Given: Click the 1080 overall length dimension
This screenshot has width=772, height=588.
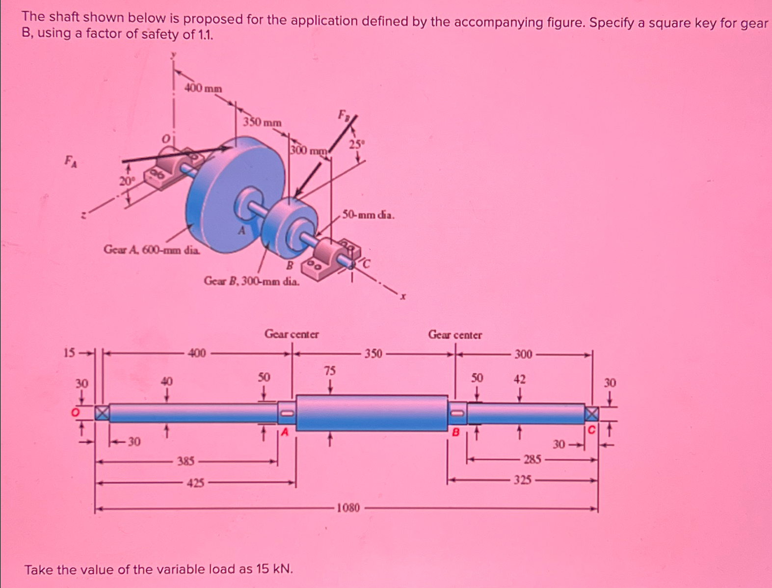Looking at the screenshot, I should (x=347, y=508).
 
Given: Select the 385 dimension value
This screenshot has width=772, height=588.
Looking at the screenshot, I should (x=186, y=461).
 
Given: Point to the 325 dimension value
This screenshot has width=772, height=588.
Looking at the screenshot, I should (x=522, y=480).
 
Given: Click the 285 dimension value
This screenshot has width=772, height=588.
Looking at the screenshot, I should (x=532, y=459).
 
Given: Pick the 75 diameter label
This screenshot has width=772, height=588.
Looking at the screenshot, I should (x=329, y=371).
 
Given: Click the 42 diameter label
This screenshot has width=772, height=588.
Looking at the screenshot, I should (x=519, y=379).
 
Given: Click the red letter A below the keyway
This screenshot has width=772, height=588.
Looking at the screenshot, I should (x=284, y=432).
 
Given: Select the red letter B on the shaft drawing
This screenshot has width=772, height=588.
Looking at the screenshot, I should (x=455, y=432).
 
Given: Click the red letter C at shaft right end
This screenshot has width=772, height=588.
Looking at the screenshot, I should (x=591, y=430).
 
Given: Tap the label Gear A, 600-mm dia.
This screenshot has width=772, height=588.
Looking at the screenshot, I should (x=152, y=250).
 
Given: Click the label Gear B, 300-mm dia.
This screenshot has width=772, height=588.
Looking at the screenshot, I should (x=251, y=281).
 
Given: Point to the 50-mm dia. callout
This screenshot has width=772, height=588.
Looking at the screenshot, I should (x=368, y=214).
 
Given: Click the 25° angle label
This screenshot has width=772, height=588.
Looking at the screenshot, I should (x=357, y=144).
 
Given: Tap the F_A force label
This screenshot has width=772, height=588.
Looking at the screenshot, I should (x=71, y=160).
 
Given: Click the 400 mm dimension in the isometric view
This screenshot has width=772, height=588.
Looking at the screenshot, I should (x=203, y=88).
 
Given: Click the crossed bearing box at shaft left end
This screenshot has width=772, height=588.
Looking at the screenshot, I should (x=102, y=413).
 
